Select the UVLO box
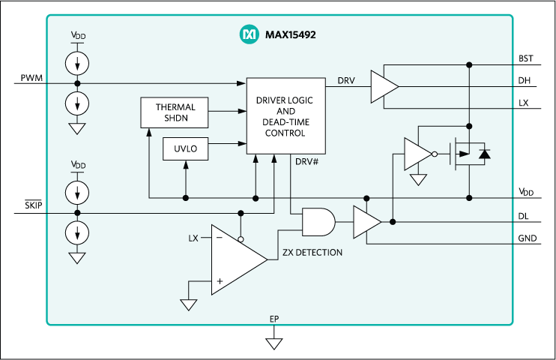tap(185, 148)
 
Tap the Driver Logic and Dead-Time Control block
tap(285, 115)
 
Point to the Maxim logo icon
tap(248, 34)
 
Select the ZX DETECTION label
tap(312, 253)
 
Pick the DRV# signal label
tap(307, 162)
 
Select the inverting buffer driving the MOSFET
tap(417, 154)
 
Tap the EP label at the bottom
tap(274, 319)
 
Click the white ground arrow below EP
tap(274, 343)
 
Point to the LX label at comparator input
tap(193, 238)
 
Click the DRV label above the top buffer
tap(346, 80)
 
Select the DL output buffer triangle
tap(366, 221)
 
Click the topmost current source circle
tap(76, 64)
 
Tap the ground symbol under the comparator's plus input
tap(188, 304)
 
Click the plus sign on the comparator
tap(220, 281)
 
